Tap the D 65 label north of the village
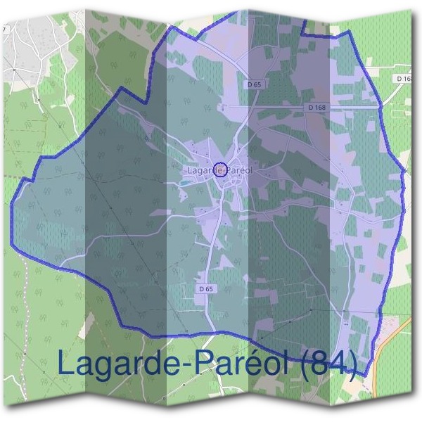tap(255, 84)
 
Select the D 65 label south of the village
tap(205, 288)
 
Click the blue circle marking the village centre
tap(220, 170)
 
